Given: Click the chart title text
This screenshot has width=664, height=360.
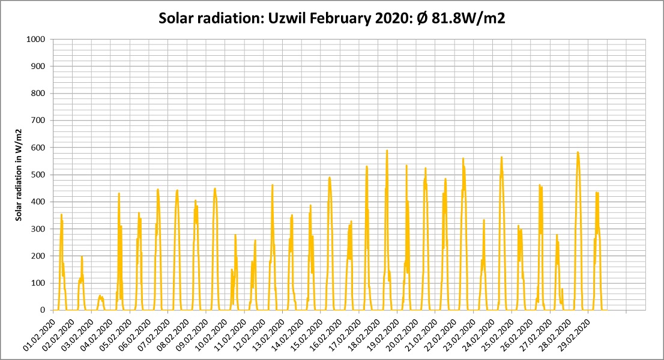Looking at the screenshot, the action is coord(331,19).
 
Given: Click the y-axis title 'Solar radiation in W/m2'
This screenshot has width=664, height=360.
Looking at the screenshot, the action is coord(18,175).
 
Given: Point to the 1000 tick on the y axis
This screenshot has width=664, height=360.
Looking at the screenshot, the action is coord(35,40).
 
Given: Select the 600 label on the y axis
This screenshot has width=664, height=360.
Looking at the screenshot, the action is coord(38,148).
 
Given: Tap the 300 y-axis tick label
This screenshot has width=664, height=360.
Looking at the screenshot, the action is coord(38,229).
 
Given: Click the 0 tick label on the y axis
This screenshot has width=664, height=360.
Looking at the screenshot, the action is coord(43,310).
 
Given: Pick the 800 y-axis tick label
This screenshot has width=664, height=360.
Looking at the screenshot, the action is coord(38,94).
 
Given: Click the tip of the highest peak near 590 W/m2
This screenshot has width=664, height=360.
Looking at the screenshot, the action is coord(387,150).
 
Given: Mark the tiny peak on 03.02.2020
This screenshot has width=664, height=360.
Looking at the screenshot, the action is coord(100,296).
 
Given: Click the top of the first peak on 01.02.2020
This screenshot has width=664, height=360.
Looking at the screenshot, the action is coord(61,214).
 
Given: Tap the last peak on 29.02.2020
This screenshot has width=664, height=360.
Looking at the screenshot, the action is coord(597,193).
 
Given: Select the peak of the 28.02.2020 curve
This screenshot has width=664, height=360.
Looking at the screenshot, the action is coord(578,152).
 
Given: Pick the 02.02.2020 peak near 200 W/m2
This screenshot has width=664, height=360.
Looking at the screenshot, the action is coord(82,256).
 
